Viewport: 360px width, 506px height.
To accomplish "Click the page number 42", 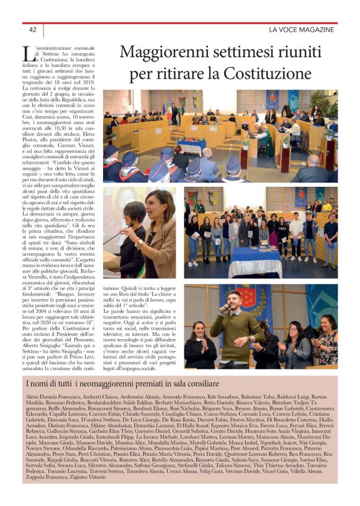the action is click(33, 30).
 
